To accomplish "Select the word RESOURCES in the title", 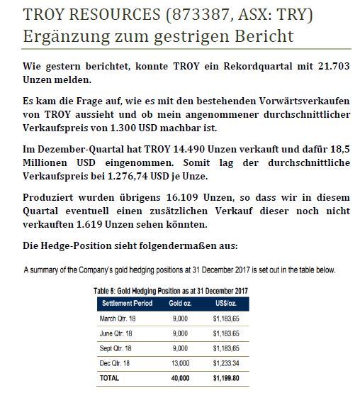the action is (97, 14).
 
